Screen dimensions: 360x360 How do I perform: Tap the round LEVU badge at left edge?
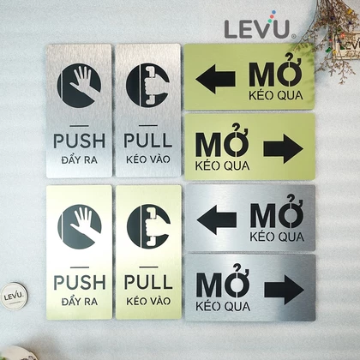click(14, 296)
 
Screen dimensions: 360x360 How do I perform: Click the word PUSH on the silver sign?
click(80, 141)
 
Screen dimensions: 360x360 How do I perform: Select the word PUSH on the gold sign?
click(80, 282)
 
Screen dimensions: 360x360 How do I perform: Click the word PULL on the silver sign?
click(148, 141)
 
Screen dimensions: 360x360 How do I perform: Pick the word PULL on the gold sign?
click(148, 282)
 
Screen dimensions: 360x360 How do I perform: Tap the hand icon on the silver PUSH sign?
click(79, 86)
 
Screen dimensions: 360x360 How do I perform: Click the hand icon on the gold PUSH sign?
click(80, 226)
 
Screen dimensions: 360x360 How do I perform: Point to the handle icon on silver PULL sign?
click(148, 85)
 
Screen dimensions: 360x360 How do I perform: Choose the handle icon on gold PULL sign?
click(149, 226)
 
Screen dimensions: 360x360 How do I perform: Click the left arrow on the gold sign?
click(216, 79)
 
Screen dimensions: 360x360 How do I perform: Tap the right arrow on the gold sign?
click(284, 149)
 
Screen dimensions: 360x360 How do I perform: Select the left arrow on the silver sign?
click(217, 219)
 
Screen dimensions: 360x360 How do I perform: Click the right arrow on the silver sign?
click(285, 290)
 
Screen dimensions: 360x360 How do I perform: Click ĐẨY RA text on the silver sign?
click(80, 159)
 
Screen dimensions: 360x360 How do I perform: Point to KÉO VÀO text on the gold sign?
click(148, 300)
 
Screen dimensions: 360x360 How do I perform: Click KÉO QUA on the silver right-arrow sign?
click(223, 306)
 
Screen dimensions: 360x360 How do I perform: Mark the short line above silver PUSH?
click(79, 126)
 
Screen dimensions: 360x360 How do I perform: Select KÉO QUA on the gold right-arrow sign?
click(222, 165)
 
